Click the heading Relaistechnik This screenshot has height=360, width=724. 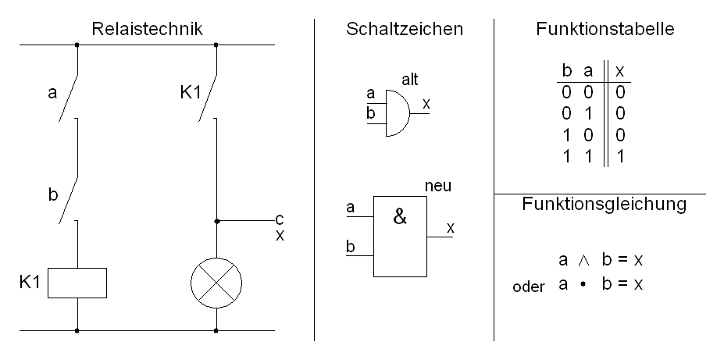click(x=147, y=30)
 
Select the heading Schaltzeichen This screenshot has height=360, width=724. click(x=405, y=30)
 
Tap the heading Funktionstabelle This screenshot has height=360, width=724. click(x=605, y=30)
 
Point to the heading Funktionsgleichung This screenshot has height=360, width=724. click(x=604, y=205)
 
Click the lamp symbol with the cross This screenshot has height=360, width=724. click(x=216, y=283)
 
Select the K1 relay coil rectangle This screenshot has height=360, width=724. click(x=77, y=283)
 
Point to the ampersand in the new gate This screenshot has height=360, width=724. click(x=400, y=218)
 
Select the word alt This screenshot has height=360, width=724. click(x=410, y=80)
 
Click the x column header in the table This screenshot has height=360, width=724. click(x=620, y=71)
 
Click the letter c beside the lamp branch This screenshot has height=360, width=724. click(x=279, y=219)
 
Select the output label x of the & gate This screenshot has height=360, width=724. click(x=450, y=227)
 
